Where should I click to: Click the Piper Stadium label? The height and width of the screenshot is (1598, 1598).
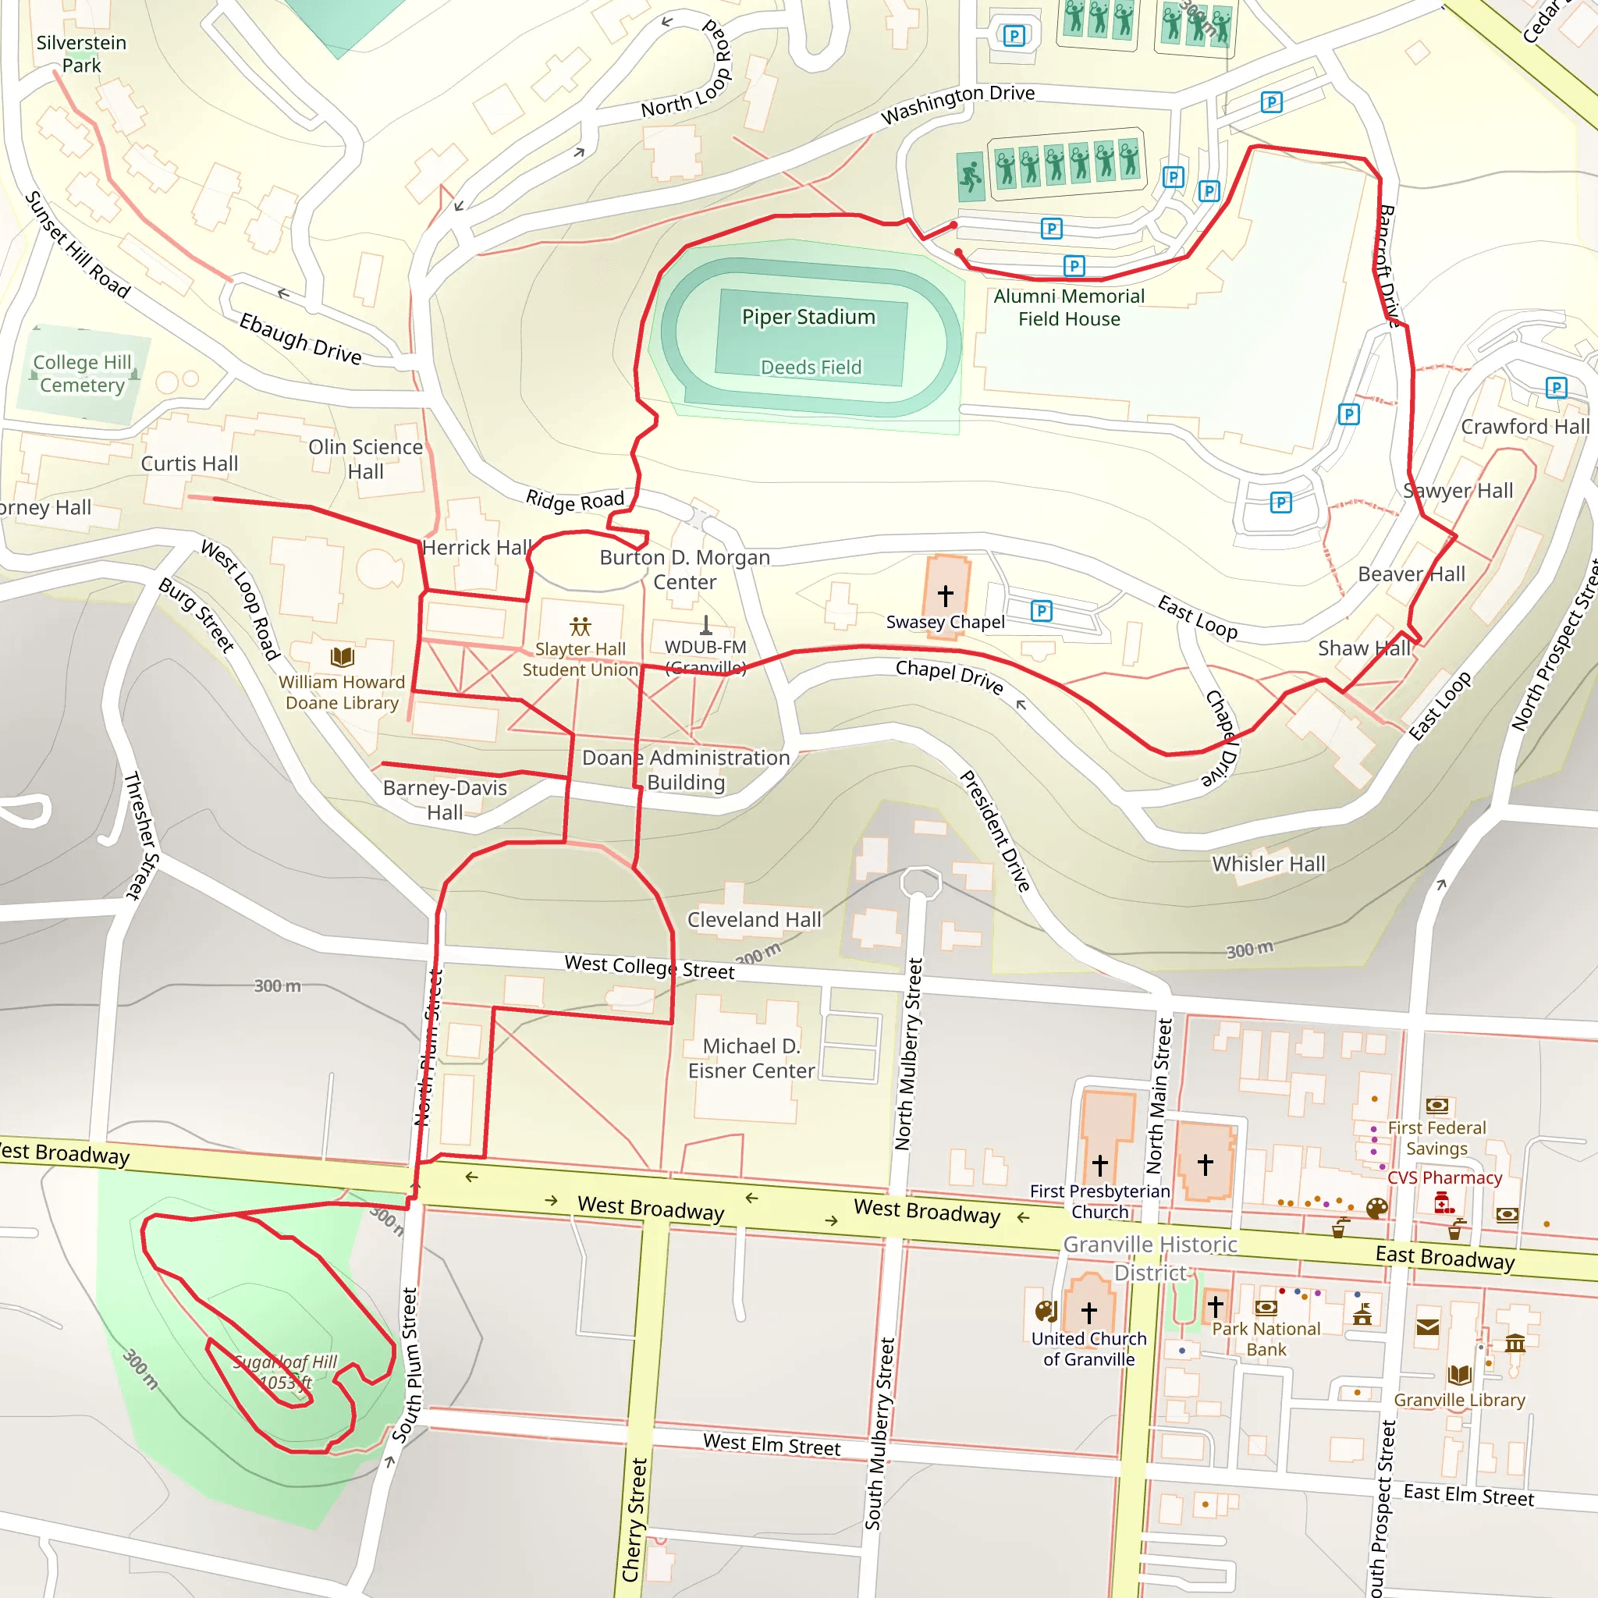point(808,317)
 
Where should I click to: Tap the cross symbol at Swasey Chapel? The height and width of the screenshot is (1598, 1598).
point(946,595)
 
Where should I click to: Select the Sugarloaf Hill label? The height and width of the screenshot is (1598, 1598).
point(286,1372)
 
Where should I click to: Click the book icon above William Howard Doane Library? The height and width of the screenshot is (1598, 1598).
point(342,658)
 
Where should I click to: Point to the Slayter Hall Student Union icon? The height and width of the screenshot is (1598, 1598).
point(581,626)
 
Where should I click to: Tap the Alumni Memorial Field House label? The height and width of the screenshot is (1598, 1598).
point(1069,307)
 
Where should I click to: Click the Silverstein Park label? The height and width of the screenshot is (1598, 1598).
point(81,54)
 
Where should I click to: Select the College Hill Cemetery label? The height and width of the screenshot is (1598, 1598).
point(82,374)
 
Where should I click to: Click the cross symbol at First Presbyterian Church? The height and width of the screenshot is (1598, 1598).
point(1100,1166)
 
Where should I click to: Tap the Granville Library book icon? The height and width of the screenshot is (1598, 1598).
point(1459,1376)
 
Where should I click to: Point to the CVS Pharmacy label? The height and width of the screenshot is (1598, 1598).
point(1444,1177)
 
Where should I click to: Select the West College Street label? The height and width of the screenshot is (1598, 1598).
point(649,967)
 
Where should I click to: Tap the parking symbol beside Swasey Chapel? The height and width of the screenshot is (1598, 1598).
point(1042,611)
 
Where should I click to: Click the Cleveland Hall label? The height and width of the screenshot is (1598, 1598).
point(755,920)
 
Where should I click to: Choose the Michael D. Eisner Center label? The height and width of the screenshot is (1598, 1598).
point(751,1059)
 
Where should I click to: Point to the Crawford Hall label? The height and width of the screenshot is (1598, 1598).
point(1525,427)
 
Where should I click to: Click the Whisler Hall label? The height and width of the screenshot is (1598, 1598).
point(1269,865)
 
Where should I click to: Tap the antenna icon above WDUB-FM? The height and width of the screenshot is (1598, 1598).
point(705,624)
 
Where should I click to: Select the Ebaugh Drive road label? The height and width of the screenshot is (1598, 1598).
point(300,339)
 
